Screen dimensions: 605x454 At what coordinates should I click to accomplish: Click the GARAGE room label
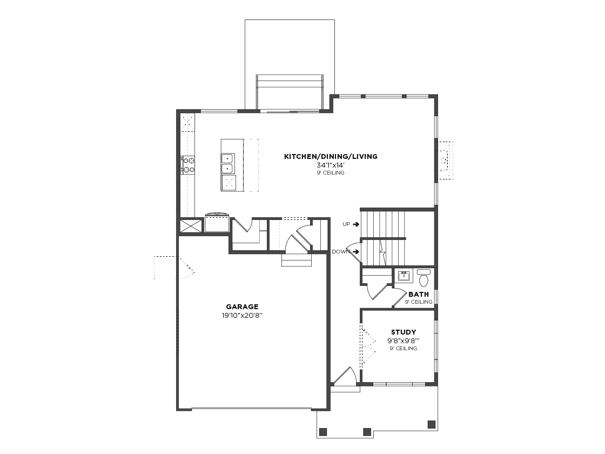pyautogui.click(x=242, y=307)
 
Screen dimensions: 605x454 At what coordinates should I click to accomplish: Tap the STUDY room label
pyautogui.click(x=404, y=332)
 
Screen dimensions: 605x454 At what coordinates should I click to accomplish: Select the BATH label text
pyautogui.click(x=419, y=294)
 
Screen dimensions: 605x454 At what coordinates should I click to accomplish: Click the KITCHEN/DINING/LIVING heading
pyautogui.click(x=331, y=156)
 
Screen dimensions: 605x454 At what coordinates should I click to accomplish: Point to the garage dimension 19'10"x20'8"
pyautogui.click(x=243, y=316)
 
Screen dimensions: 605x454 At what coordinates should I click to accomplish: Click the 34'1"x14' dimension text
pyautogui.click(x=330, y=165)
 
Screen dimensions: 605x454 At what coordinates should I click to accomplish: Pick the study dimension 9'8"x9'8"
pyautogui.click(x=404, y=340)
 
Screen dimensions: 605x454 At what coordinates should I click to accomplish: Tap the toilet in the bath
pyautogui.click(x=423, y=278)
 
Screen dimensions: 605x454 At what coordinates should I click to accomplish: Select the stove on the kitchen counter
pyautogui.click(x=189, y=164)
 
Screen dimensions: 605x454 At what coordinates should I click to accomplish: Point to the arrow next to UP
pyautogui.click(x=356, y=224)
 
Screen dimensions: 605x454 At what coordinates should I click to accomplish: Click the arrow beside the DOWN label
pyautogui.click(x=356, y=252)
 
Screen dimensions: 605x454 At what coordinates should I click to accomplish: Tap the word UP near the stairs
pyautogui.click(x=346, y=224)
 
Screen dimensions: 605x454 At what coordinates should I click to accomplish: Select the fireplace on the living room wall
pyautogui.click(x=445, y=160)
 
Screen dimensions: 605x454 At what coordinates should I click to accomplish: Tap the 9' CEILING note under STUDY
pyautogui.click(x=403, y=348)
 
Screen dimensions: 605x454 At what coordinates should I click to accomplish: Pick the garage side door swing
pyautogui.click(x=174, y=267)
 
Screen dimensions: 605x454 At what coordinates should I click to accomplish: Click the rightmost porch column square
pyautogui.click(x=432, y=424)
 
